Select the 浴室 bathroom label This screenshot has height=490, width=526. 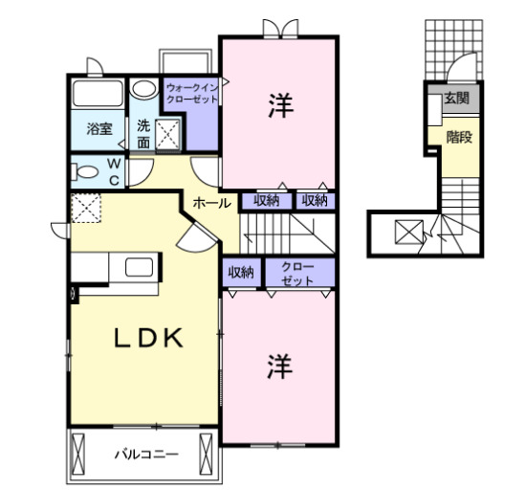coord(99,128)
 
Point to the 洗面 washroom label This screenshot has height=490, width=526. coord(142,132)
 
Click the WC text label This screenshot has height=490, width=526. coord(113,172)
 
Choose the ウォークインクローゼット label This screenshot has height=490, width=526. coord(193,93)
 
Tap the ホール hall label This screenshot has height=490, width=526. coord(208,203)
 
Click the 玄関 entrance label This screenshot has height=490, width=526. coord(455,99)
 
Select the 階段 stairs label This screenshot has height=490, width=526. coord(459,137)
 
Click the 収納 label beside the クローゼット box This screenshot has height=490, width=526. coord(241,273)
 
